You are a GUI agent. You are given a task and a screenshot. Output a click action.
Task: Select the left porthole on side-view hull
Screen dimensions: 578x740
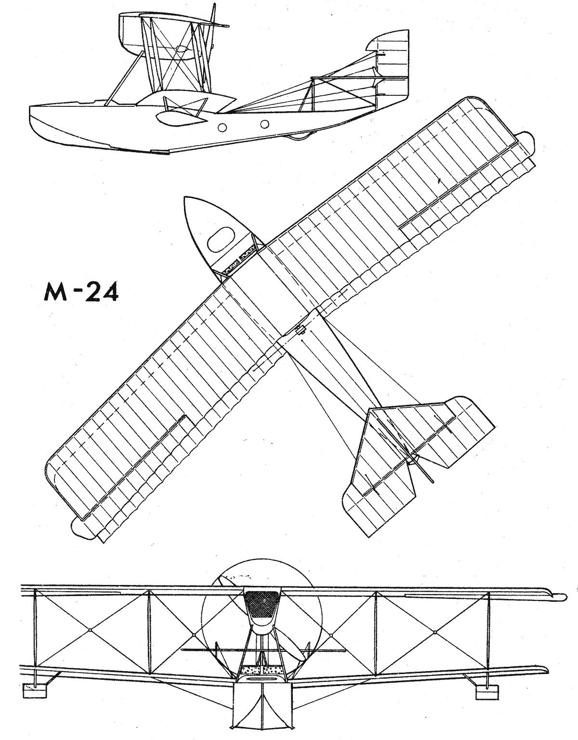click(222, 128)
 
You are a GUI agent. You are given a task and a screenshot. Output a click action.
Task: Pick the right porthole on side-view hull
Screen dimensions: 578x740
click(264, 124)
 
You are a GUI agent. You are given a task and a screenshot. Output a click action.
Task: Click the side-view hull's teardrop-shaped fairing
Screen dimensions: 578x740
click(181, 118)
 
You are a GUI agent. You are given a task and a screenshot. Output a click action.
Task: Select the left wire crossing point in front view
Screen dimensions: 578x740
click(91, 630)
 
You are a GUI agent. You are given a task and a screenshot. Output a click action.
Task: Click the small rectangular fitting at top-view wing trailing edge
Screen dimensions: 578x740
click(300, 330)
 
